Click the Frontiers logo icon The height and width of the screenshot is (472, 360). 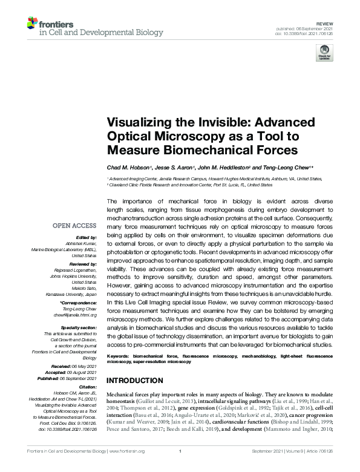[x=33, y=25]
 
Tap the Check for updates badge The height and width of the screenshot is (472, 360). [x=324, y=55]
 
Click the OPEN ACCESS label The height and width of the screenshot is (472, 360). [x=75, y=226]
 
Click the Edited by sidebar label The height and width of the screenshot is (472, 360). [x=86, y=238]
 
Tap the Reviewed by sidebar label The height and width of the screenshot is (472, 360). [x=82, y=265]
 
